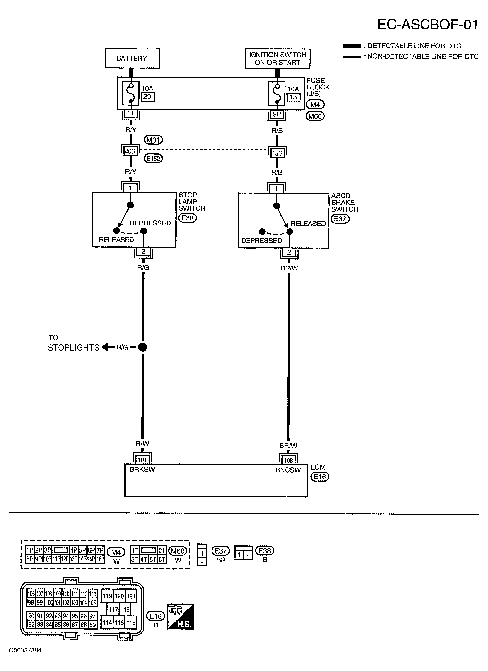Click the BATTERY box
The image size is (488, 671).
click(x=132, y=58)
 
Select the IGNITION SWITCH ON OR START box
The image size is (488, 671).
click(x=278, y=59)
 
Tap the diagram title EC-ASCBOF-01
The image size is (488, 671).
click(x=427, y=25)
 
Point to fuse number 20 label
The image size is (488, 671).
click(x=147, y=97)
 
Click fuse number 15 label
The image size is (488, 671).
click(x=293, y=97)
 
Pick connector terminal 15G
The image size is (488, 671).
click(x=277, y=153)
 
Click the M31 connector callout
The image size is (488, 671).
click(x=153, y=140)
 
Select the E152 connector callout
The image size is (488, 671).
click(x=153, y=159)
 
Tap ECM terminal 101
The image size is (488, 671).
click(x=142, y=460)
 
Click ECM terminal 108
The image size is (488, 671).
click(x=288, y=460)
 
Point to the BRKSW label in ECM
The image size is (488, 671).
click(x=142, y=470)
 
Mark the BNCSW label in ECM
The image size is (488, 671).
click(x=288, y=470)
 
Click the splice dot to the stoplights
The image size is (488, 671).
click(x=143, y=347)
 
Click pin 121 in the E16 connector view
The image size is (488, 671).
click(x=131, y=596)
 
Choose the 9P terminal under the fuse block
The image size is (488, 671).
click(x=277, y=114)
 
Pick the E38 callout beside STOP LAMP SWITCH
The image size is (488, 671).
click(x=187, y=218)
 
